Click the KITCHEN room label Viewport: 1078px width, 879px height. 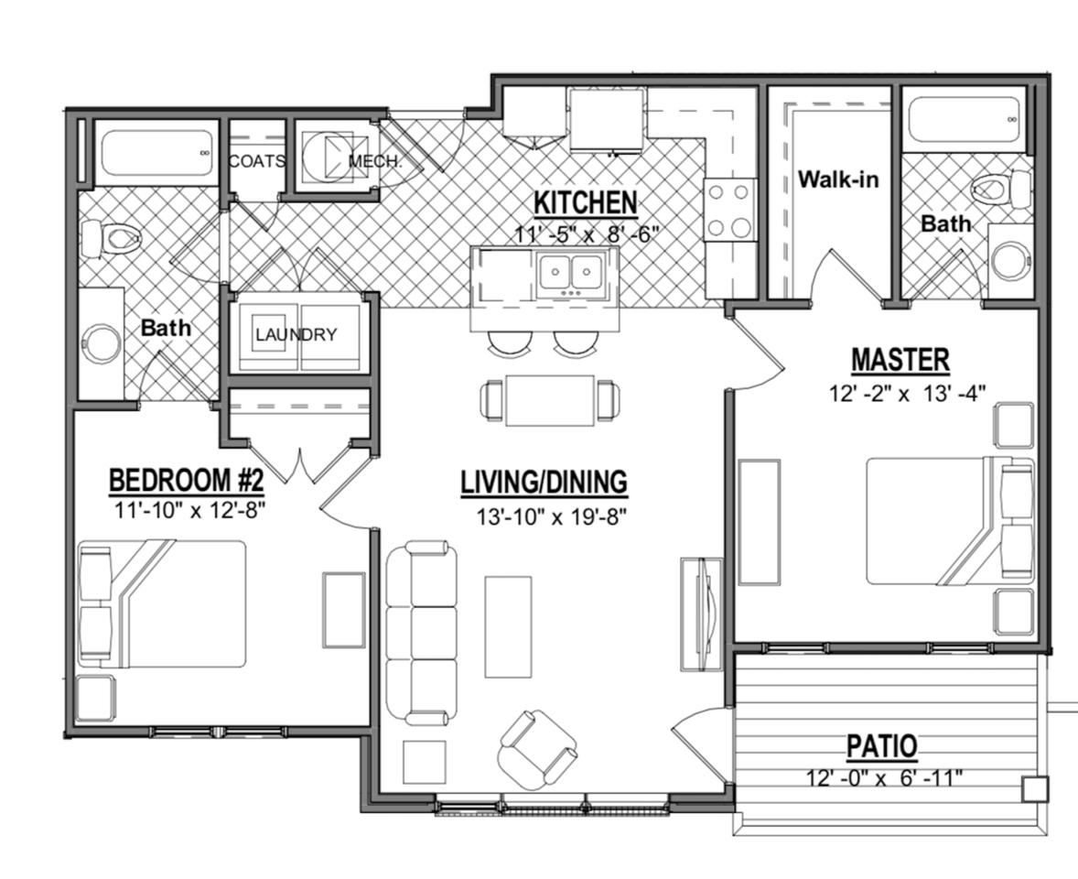(x=586, y=201)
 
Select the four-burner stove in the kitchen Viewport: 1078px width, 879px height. (x=729, y=210)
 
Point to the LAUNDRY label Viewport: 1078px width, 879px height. (x=296, y=335)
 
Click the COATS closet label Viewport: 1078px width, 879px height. (x=256, y=162)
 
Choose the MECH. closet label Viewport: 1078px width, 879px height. (x=374, y=162)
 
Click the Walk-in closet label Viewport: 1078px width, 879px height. (x=837, y=179)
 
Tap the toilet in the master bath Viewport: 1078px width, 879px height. (x=1000, y=190)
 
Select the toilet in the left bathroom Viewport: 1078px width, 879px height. (x=113, y=240)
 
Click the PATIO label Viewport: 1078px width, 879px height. (x=881, y=746)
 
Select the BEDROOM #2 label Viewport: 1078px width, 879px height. (x=187, y=480)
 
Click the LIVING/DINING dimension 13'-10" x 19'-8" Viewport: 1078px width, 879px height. (x=544, y=516)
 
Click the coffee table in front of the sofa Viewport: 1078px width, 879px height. (x=508, y=625)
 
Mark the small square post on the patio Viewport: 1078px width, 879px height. (x=1035, y=788)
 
